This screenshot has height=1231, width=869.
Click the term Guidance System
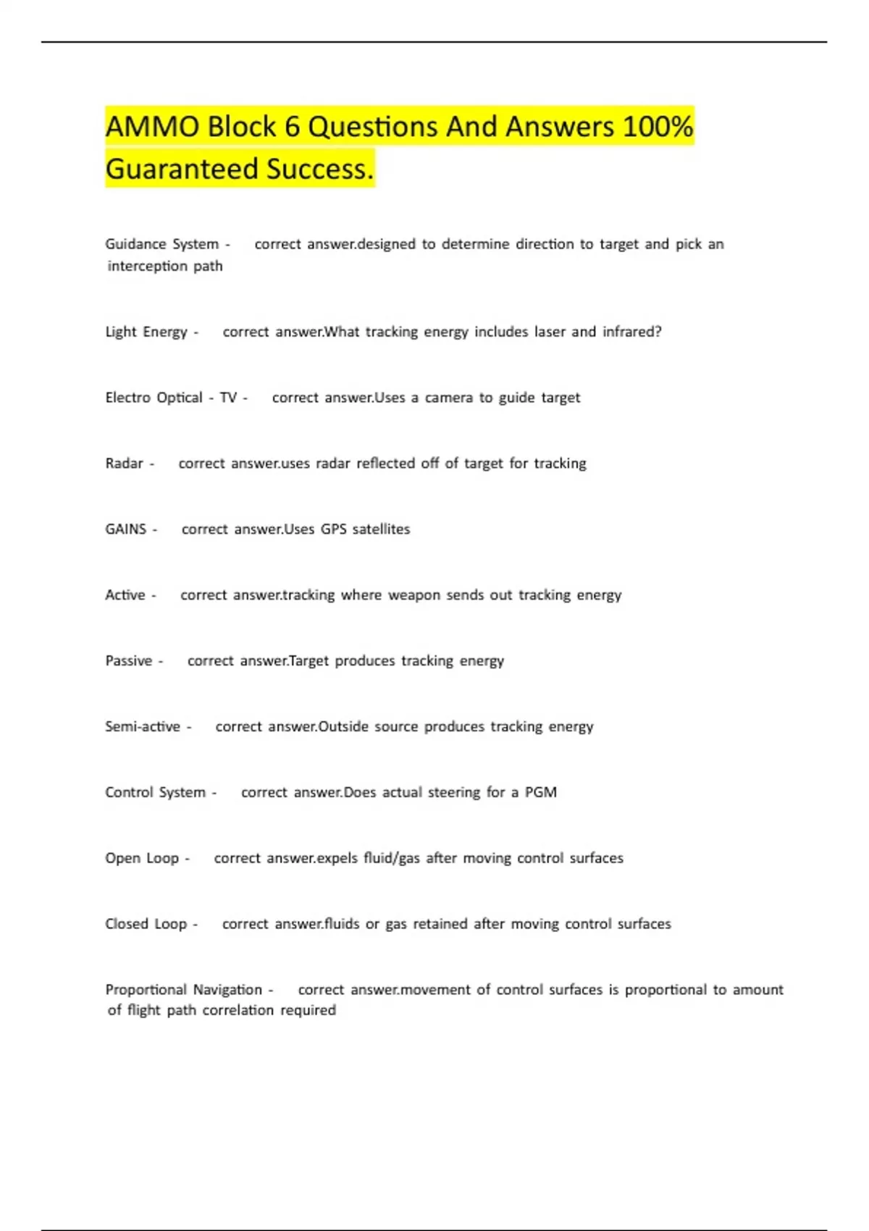click(161, 244)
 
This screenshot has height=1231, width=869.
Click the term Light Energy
click(146, 332)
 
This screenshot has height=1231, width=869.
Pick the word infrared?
click(631, 332)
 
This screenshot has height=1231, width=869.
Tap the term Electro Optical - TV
click(171, 398)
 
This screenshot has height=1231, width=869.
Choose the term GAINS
click(126, 529)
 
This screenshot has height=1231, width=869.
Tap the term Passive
click(129, 661)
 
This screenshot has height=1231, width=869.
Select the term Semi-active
click(143, 726)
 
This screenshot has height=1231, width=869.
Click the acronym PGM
click(540, 792)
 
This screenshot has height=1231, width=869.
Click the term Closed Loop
click(146, 924)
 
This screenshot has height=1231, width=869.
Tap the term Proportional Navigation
click(184, 990)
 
